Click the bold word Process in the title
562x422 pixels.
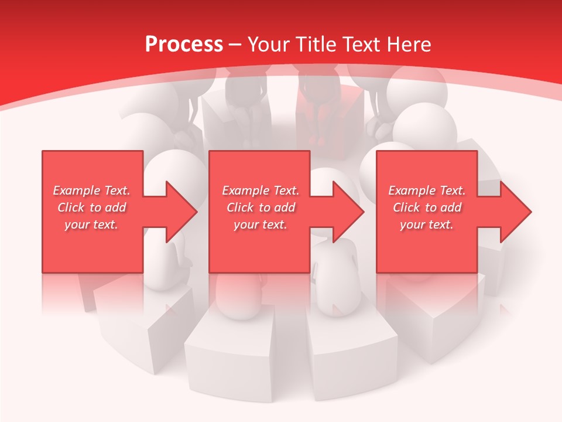(x=184, y=45)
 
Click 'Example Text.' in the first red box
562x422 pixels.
(x=92, y=190)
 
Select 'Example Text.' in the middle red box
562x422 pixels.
(x=261, y=190)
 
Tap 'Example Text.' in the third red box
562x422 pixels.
(x=427, y=190)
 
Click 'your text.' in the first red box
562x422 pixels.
(x=92, y=224)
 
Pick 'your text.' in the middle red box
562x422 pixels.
(x=261, y=224)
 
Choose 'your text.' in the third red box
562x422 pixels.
(x=427, y=224)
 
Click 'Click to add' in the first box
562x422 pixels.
(x=92, y=207)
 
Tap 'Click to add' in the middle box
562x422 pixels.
(x=261, y=207)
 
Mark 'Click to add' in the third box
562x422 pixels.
(x=427, y=207)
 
